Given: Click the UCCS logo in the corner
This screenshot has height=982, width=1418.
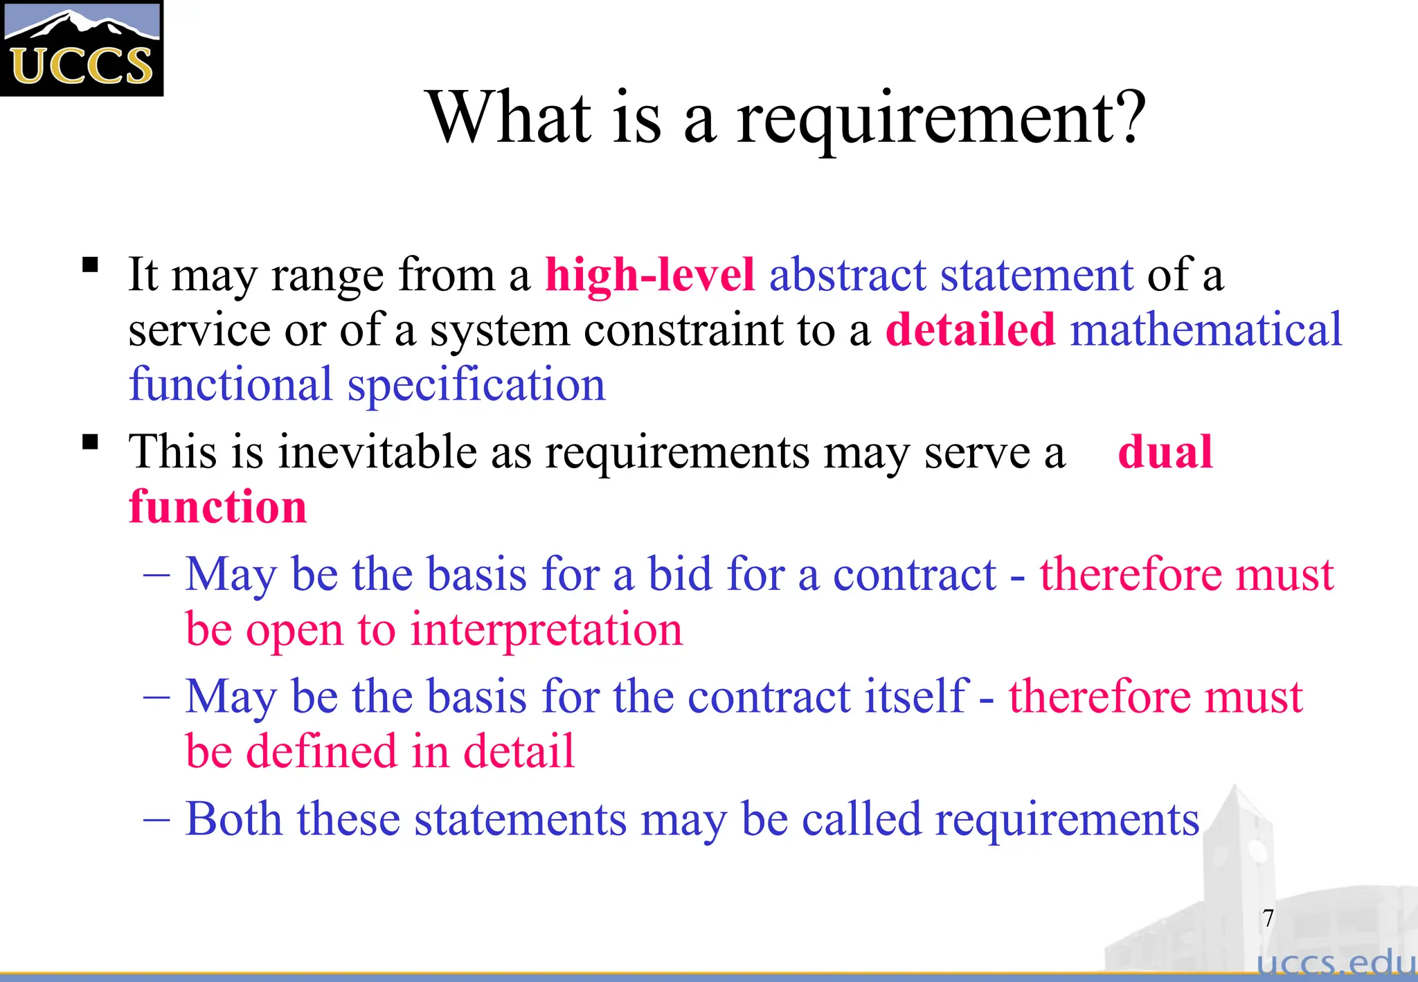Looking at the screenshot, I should [x=82, y=48].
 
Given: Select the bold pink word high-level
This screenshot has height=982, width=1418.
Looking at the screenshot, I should [x=649, y=276].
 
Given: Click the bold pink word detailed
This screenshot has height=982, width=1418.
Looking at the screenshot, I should [x=970, y=330].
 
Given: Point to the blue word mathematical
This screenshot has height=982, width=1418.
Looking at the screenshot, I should [x=1206, y=330].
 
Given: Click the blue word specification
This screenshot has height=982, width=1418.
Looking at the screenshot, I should [x=476, y=385].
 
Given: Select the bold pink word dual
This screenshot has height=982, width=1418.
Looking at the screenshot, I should [x=1165, y=452].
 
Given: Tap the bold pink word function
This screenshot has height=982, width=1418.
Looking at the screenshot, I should [x=217, y=507].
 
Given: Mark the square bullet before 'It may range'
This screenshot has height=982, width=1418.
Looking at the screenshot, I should [x=90, y=265].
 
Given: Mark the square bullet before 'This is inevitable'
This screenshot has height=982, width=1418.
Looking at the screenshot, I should [x=90, y=443].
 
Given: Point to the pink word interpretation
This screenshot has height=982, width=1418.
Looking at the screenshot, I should [x=546, y=630].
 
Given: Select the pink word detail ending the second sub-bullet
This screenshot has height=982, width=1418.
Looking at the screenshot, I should [x=519, y=751].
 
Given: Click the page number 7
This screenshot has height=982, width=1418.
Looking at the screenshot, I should [x=1268, y=918].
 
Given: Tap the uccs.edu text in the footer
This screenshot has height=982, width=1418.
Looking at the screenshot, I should [x=1336, y=963].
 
